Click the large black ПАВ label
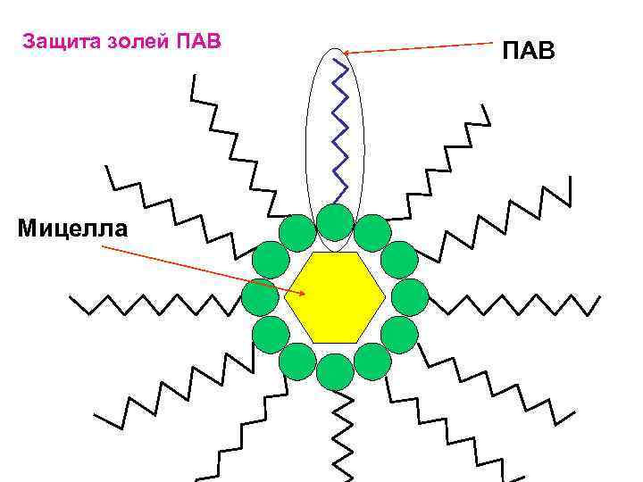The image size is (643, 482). [x=528, y=51]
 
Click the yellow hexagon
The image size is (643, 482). [x=335, y=296]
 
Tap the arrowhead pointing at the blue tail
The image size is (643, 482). [x=348, y=54]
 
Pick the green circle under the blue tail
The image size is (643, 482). [x=335, y=222]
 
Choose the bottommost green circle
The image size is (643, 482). [x=335, y=371]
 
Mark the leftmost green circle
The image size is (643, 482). [x=260, y=297]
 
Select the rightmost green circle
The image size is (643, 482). [x=410, y=297]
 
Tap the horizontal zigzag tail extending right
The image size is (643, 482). [x=509, y=303]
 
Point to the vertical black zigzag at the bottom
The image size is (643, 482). [x=339, y=437]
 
